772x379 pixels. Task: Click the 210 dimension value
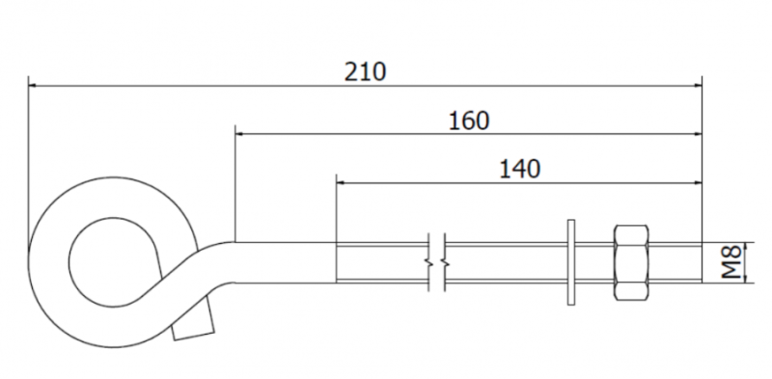[365, 72]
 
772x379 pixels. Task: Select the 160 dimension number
[469, 121]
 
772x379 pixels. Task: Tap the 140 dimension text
[520, 169]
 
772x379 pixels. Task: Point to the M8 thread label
[731, 263]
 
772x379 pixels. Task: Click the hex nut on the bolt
[631, 263]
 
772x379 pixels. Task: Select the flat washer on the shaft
[571, 262]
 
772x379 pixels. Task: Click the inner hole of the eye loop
[114, 262]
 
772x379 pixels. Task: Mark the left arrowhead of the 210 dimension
[32, 86]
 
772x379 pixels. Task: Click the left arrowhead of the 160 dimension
[239, 133]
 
